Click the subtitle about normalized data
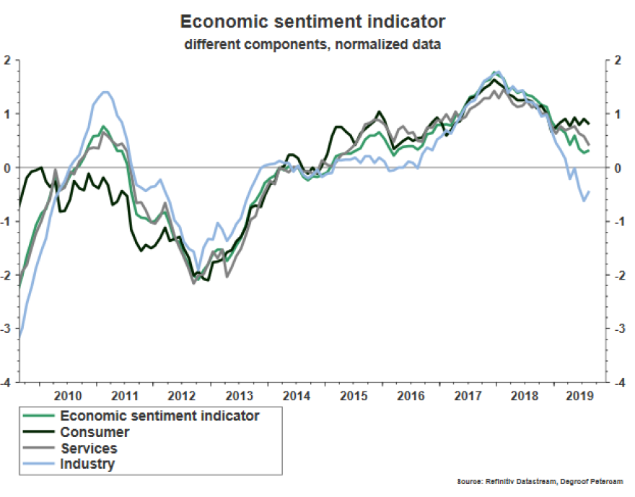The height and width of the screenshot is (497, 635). pyautogui.click(x=312, y=44)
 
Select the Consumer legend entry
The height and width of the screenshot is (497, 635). pyautogui.click(x=95, y=432)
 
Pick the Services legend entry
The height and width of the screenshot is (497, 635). pyautogui.click(x=89, y=448)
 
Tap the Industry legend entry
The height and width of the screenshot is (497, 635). pyautogui.click(x=87, y=464)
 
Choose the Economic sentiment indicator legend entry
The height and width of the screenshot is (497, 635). pyautogui.click(x=159, y=415)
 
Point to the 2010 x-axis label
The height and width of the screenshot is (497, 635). pyautogui.click(x=68, y=396)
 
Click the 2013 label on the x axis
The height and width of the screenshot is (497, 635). pyautogui.click(x=240, y=396)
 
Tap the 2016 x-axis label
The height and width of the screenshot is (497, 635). pyautogui.click(x=411, y=396)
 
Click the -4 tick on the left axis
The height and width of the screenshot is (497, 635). pyautogui.click(x=7, y=383)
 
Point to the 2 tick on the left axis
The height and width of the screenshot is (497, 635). pyautogui.click(x=9, y=60)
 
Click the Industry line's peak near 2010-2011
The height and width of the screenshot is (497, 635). pyautogui.click(x=105, y=92)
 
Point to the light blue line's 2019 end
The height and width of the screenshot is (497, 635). pyautogui.click(x=590, y=191)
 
